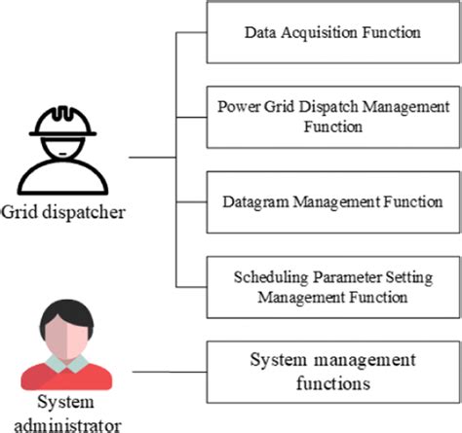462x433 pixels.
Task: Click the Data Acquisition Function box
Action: pyautogui.click(x=332, y=33)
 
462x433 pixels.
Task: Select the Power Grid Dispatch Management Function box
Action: pyautogui.click(x=332, y=115)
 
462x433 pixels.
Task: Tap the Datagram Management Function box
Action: pyautogui.click(x=332, y=200)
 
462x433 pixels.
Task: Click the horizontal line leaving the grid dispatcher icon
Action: pyautogui.click(x=152, y=156)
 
